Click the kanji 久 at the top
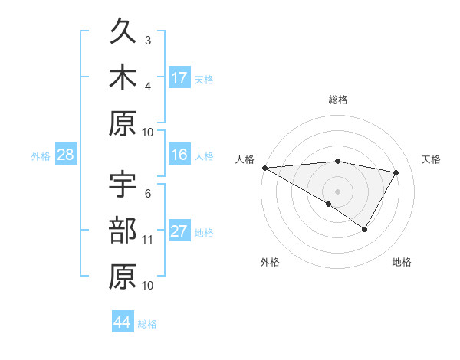coord(123,33)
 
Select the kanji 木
coord(123,78)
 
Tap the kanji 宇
coord(123,187)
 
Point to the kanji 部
coord(123,231)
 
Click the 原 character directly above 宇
coord(123,124)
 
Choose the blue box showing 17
coord(179,77)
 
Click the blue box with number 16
coord(179,155)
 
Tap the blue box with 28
coord(65,155)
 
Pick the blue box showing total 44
coord(122,322)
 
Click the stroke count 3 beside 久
coord(148,40)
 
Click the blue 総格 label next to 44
coord(147,324)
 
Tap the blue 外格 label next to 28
coord(41,156)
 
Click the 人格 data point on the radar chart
coord(264,168)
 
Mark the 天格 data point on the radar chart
coord(396,173)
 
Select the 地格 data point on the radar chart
coord(365,229)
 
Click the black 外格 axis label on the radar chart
coord(270,262)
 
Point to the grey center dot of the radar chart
coord(337,191)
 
